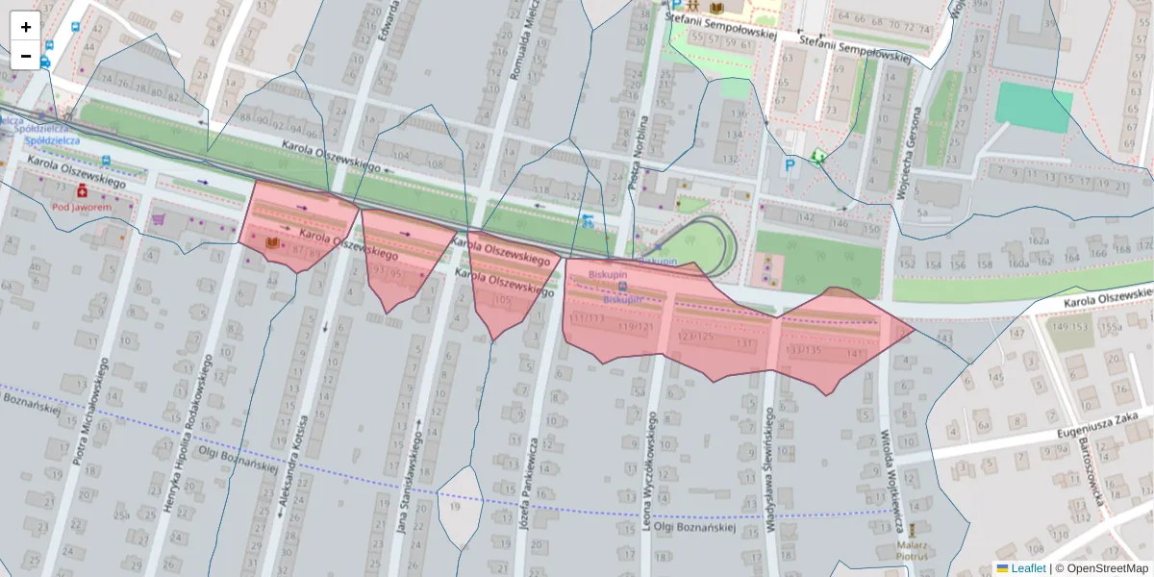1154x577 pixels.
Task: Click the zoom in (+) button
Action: point(26,26)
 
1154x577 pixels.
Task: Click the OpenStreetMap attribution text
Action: point(1101,568)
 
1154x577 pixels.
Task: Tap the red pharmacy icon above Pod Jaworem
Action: point(82,191)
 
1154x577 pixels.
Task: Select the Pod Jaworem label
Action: point(82,207)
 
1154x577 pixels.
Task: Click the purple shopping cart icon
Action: point(158,219)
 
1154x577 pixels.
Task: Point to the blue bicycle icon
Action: point(587,221)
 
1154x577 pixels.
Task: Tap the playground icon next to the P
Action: point(817,158)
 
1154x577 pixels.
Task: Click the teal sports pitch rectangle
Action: point(1034,108)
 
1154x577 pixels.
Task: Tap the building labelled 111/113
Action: point(588,318)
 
